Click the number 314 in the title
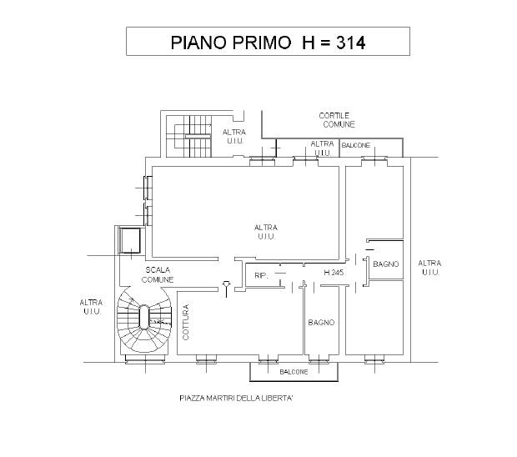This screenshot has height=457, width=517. coord(351,43)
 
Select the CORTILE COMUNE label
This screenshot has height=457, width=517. coord(337,120)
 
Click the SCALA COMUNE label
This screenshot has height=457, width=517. coord(158,274)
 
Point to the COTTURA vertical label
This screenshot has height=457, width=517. coord(186,322)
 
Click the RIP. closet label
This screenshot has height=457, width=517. coord(261,275)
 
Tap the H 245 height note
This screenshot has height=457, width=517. coord(334,273)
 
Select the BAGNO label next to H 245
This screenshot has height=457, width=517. coord(386,264)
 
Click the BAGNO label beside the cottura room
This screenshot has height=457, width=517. coord(321,323)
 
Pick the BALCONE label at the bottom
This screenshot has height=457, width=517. coord(294,372)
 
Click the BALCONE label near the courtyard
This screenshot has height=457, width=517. coord(356,145)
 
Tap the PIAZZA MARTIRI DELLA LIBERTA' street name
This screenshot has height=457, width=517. coord(237,399)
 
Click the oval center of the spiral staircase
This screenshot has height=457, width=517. coord(144,317)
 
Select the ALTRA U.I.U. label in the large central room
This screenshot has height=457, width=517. coord(266,232)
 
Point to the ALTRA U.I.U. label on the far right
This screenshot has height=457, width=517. coord(429,268)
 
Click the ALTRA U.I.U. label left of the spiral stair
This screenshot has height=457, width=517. coord(92,307)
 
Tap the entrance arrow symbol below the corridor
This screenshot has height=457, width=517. coord(226,289)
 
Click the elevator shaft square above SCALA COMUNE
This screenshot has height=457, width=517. coord(130,240)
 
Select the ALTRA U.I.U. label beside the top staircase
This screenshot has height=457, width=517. coord(234,137)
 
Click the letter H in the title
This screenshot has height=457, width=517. coord(309,43)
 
